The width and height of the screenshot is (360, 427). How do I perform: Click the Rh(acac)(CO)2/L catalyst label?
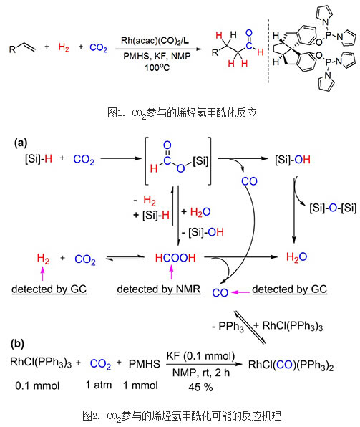155,41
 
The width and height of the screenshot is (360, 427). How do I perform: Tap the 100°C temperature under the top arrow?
157,67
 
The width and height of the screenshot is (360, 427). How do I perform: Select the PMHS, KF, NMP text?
157,56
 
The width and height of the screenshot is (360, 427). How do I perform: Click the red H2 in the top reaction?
64,47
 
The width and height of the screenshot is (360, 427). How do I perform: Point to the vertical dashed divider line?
268,51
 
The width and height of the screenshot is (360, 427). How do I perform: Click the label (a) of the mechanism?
21,143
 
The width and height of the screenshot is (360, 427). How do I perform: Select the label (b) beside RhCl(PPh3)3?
17,344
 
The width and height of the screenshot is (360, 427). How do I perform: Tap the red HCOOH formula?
175,258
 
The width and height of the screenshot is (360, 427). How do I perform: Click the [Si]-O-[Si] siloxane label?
333,208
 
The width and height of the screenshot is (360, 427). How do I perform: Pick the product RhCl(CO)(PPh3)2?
291,365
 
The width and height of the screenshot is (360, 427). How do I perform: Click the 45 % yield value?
200,387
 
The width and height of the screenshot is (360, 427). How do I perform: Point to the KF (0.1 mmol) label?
200,355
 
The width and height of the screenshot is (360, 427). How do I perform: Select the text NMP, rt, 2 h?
201,373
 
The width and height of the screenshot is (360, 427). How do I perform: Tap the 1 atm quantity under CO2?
99,385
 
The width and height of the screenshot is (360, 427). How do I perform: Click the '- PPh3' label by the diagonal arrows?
228,327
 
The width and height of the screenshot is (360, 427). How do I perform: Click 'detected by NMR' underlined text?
159,289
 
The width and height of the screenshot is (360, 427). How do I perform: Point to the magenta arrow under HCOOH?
171,272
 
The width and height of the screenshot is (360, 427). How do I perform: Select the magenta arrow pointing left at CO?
240,292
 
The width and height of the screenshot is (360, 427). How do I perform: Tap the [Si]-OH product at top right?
293,160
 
